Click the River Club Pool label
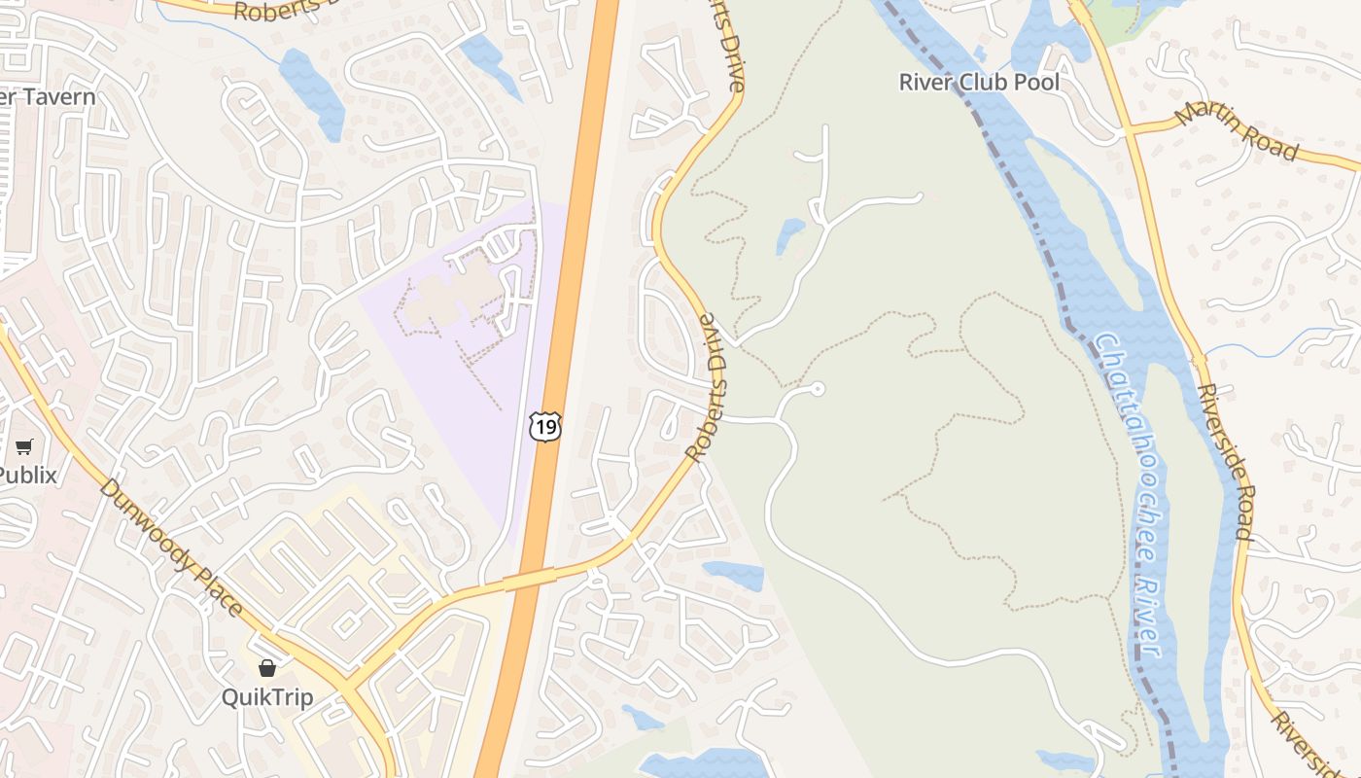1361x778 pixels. pos(979,82)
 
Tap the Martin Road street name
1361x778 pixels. pos(1237,130)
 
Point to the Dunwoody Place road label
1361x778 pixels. pos(170,547)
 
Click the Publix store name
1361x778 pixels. pos(27,476)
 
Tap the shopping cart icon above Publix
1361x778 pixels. pos(24,447)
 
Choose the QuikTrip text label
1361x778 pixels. pos(267,697)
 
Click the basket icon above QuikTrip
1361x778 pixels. pos(267,668)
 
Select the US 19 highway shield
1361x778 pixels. pos(544,426)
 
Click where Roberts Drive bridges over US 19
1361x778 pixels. pos(530,580)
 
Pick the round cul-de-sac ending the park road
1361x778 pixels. pos(818,389)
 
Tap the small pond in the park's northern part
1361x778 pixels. pos(789,234)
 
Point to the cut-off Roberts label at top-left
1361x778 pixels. pos(282,12)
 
